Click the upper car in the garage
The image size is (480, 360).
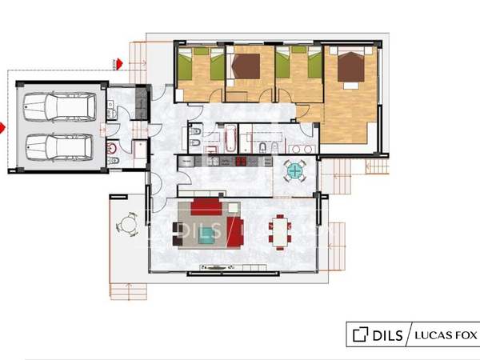coord(59,106)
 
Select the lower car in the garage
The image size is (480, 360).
coord(59,147)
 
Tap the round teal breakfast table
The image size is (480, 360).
coord(294,171)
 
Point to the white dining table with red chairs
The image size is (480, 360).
coord(280,232)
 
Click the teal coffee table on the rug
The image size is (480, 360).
coord(207,236)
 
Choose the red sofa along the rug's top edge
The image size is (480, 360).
coord(206,207)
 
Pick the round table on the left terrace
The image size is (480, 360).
coord(127,224)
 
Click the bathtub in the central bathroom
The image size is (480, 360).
coord(230,138)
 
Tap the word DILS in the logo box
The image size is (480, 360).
coord(387,335)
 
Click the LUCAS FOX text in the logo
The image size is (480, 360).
coord(446,335)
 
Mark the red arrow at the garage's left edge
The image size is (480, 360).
coord(2,128)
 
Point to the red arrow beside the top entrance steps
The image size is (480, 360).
coord(119,63)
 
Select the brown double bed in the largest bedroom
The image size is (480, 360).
coord(351,66)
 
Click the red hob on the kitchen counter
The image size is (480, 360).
coord(241,161)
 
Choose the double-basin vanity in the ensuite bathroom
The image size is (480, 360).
coord(302,150)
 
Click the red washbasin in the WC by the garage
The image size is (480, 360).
coord(112,149)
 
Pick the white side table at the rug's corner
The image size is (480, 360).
coord(234,207)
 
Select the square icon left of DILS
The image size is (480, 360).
coord(360,334)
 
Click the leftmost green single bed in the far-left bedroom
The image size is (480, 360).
coord(185,66)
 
